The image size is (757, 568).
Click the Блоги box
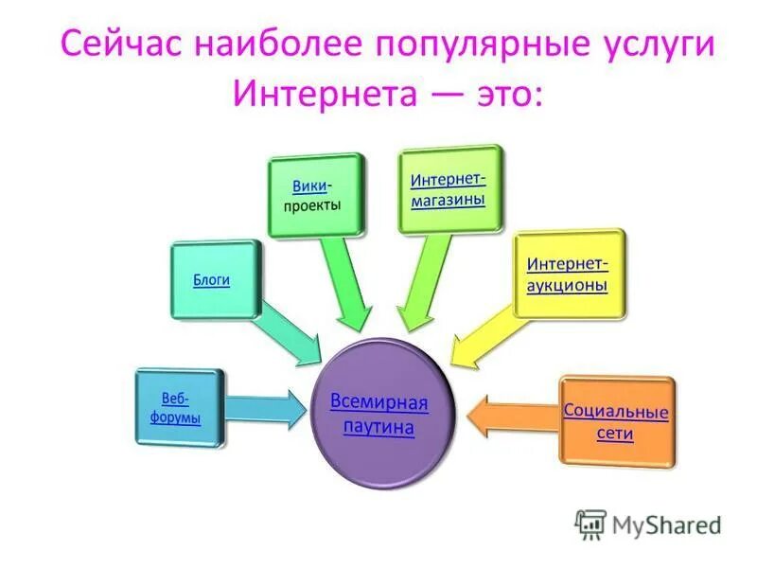click(214, 280)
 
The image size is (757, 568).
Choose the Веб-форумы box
click(179, 408)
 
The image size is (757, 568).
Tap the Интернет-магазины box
click(449, 189)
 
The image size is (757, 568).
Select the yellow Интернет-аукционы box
click(567, 274)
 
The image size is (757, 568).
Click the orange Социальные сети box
click(615, 420)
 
